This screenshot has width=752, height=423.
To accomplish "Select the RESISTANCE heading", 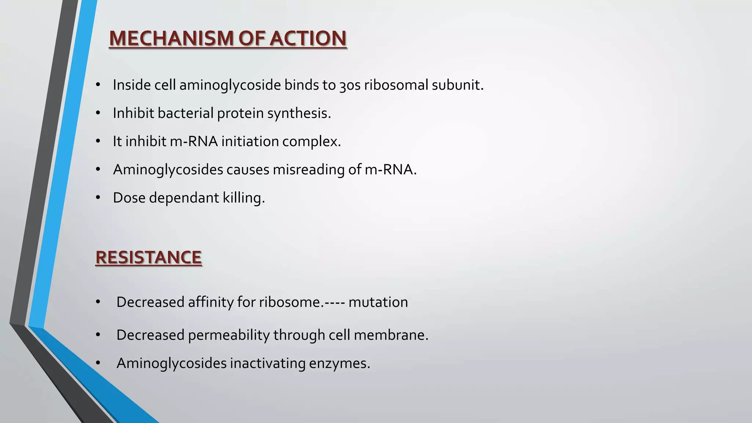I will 148,257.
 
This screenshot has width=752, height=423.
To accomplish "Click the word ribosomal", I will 396,85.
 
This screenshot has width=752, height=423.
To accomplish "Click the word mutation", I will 378,302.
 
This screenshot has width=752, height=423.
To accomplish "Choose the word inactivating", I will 268,364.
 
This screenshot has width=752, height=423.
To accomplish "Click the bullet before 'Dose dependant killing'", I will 98,198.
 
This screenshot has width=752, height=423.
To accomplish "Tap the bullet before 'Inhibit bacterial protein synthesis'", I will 98,113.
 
